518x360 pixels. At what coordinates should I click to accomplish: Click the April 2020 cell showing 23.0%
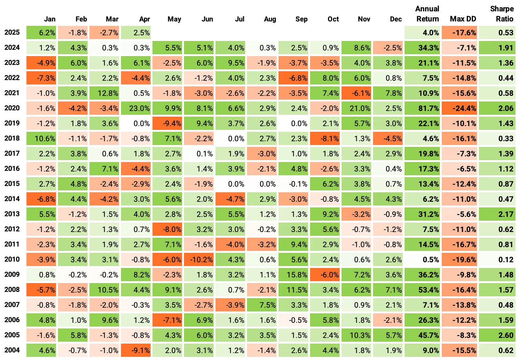coord(136,108)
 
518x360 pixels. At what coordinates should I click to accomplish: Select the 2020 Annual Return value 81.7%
coord(422,108)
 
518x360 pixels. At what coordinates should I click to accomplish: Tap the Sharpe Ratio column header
coord(501,14)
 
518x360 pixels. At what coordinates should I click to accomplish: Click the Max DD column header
coord(463,19)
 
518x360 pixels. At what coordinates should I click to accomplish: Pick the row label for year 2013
coord(12,214)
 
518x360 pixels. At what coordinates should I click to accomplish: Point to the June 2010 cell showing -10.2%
coord(199,260)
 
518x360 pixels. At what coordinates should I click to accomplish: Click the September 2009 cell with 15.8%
coord(293,275)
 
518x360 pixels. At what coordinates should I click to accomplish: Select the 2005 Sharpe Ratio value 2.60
coord(497,335)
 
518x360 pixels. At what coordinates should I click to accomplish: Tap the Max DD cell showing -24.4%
coord(459,108)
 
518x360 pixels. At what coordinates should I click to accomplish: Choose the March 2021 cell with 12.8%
coord(104,93)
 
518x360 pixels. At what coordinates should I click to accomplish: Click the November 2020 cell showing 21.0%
coord(356,108)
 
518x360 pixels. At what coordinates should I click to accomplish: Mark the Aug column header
coord(270,19)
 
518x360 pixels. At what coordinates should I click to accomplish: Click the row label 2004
coord(12,350)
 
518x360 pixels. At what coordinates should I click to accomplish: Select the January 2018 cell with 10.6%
coord(41,139)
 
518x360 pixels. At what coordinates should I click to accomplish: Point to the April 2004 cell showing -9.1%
coord(136,351)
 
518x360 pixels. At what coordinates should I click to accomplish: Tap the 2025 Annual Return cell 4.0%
coord(422,33)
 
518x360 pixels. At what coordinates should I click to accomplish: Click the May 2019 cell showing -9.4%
coord(167,124)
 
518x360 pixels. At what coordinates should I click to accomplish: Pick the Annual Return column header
coord(427,14)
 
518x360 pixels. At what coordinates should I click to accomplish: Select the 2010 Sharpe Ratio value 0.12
coord(497,260)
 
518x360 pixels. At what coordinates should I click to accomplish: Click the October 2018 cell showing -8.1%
coord(325,139)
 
